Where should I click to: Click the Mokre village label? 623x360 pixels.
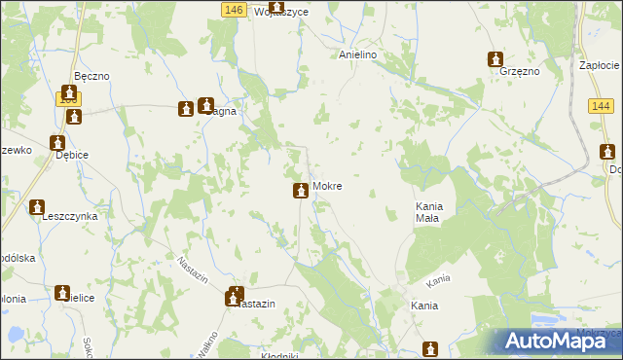point(327,186)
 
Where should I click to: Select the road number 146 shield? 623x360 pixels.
point(232,9)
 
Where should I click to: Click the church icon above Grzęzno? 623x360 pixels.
point(495,58)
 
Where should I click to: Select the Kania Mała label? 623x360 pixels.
point(428,212)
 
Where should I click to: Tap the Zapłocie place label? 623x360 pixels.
point(600,64)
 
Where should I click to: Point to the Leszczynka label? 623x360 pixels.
point(69,217)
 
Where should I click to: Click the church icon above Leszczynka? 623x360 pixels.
point(38,206)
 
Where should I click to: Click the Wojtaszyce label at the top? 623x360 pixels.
point(254,12)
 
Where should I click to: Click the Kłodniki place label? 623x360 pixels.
point(279,355)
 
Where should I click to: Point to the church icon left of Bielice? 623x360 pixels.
point(63,292)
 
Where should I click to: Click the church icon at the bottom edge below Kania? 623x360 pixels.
point(430,348)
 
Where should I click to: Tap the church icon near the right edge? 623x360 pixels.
point(607,152)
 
